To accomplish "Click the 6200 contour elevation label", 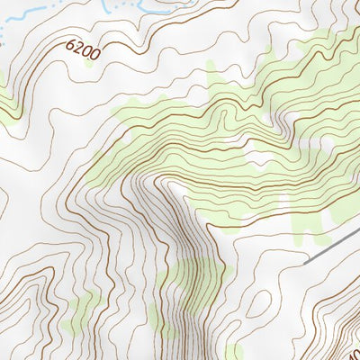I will tap(83, 49).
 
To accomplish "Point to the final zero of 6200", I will tap(94, 55).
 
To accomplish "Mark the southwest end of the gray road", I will tap(307, 261).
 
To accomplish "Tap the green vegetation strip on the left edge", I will tap(7, 108).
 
